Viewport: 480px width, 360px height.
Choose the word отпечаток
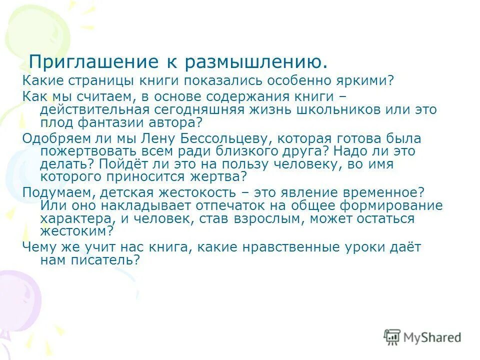tap(215, 205)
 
